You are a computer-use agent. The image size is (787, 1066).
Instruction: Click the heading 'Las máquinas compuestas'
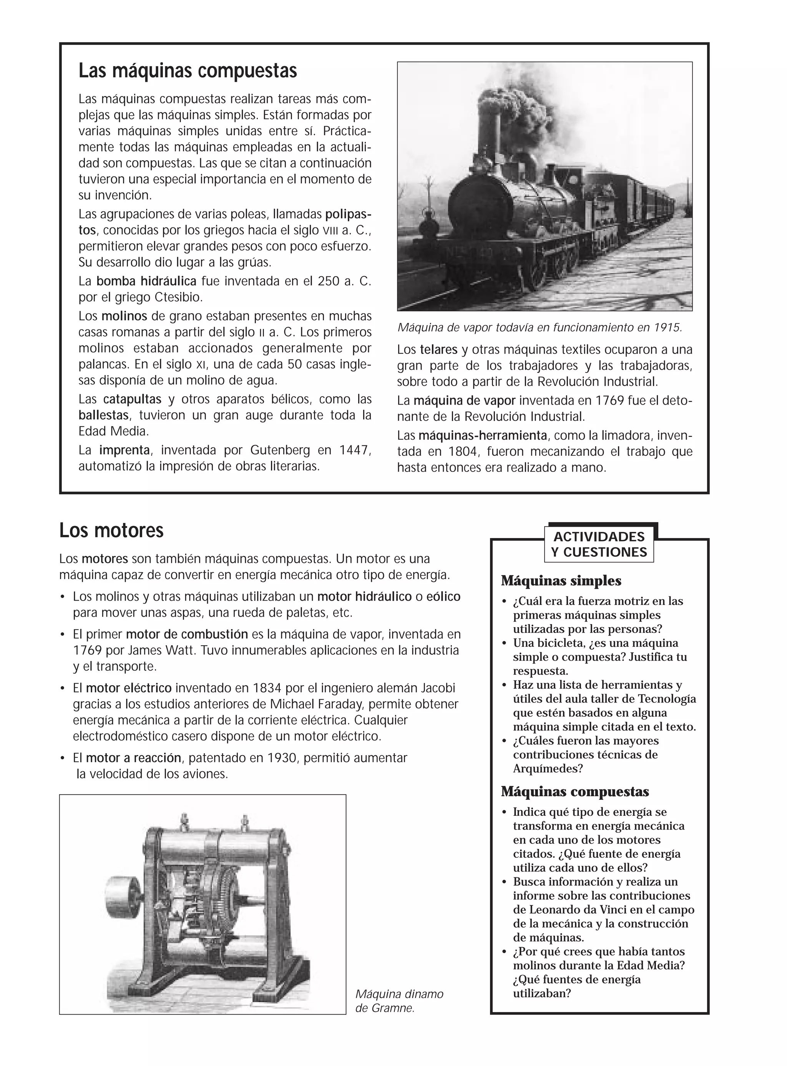tap(188, 71)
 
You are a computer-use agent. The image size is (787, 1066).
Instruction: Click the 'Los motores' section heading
tap(111, 531)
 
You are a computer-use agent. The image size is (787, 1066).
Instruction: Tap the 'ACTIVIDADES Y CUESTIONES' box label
tap(599, 545)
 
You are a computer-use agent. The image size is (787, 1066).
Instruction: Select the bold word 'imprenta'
tap(125, 450)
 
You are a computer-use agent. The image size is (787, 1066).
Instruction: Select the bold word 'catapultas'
tap(132, 399)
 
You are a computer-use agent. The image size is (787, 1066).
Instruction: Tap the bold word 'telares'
tap(438, 350)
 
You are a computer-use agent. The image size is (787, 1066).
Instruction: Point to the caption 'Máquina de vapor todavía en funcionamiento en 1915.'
tap(540, 328)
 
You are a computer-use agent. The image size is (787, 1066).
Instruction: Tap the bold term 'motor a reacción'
tap(134, 758)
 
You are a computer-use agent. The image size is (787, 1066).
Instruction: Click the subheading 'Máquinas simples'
tap(561, 581)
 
